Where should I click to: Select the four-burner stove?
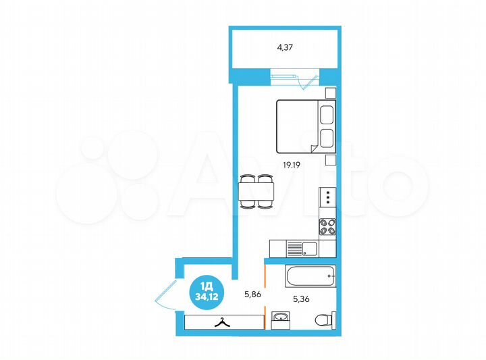pyautogui.click(x=327, y=226)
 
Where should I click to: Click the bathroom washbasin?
pyautogui.click(x=279, y=317)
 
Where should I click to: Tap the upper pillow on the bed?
pyautogui.click(x=327, y=113)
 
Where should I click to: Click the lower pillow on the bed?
pyautogui.click(x=327, y=138)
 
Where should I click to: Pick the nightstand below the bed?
pyautogui.click(x=330, y=159)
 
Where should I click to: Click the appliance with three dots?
pyautogui.click(x=327, y=198)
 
